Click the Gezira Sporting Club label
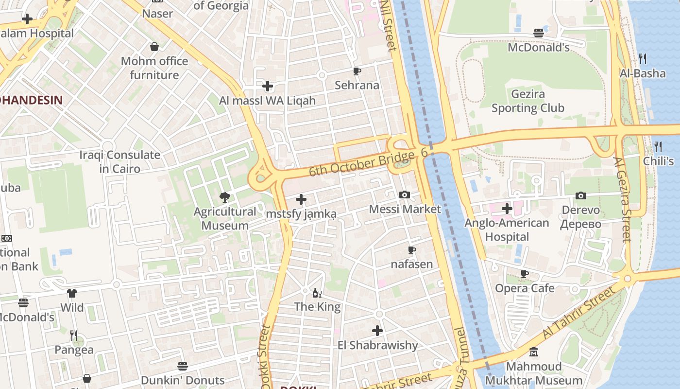[528, 101]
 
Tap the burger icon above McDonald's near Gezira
[538, 33]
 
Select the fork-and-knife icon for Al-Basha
[643, 59]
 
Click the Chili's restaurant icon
[658, 146]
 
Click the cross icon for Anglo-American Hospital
[507, 209]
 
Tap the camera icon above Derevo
[580, 195]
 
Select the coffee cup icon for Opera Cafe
[524, 274]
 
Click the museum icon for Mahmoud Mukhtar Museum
[533, 352]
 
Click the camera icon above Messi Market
[404, 194]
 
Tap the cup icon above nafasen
[411, 250]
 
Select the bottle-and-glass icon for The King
[317, 293]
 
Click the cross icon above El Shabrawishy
[377, 331]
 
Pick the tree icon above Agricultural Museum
[224, 197]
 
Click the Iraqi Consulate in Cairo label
[119, 162]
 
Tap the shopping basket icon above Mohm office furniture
[154, 47]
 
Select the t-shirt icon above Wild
[72, 293]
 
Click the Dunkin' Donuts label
[183, 380]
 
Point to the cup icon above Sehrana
[357, 71]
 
